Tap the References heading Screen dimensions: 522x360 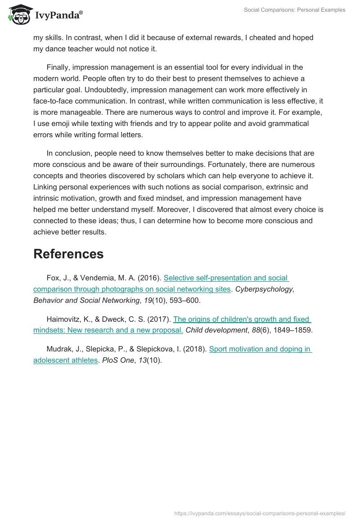tap(68, 254)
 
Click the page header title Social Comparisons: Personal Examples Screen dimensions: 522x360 tap(294, 10)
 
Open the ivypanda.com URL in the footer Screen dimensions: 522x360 tap(260, 513)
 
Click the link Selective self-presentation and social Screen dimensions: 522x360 tap(226, 278)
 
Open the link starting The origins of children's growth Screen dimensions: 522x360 tap(242, 319)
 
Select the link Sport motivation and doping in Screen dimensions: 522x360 tap(261, 349)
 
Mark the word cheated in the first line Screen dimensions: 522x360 tap(260, 38)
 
